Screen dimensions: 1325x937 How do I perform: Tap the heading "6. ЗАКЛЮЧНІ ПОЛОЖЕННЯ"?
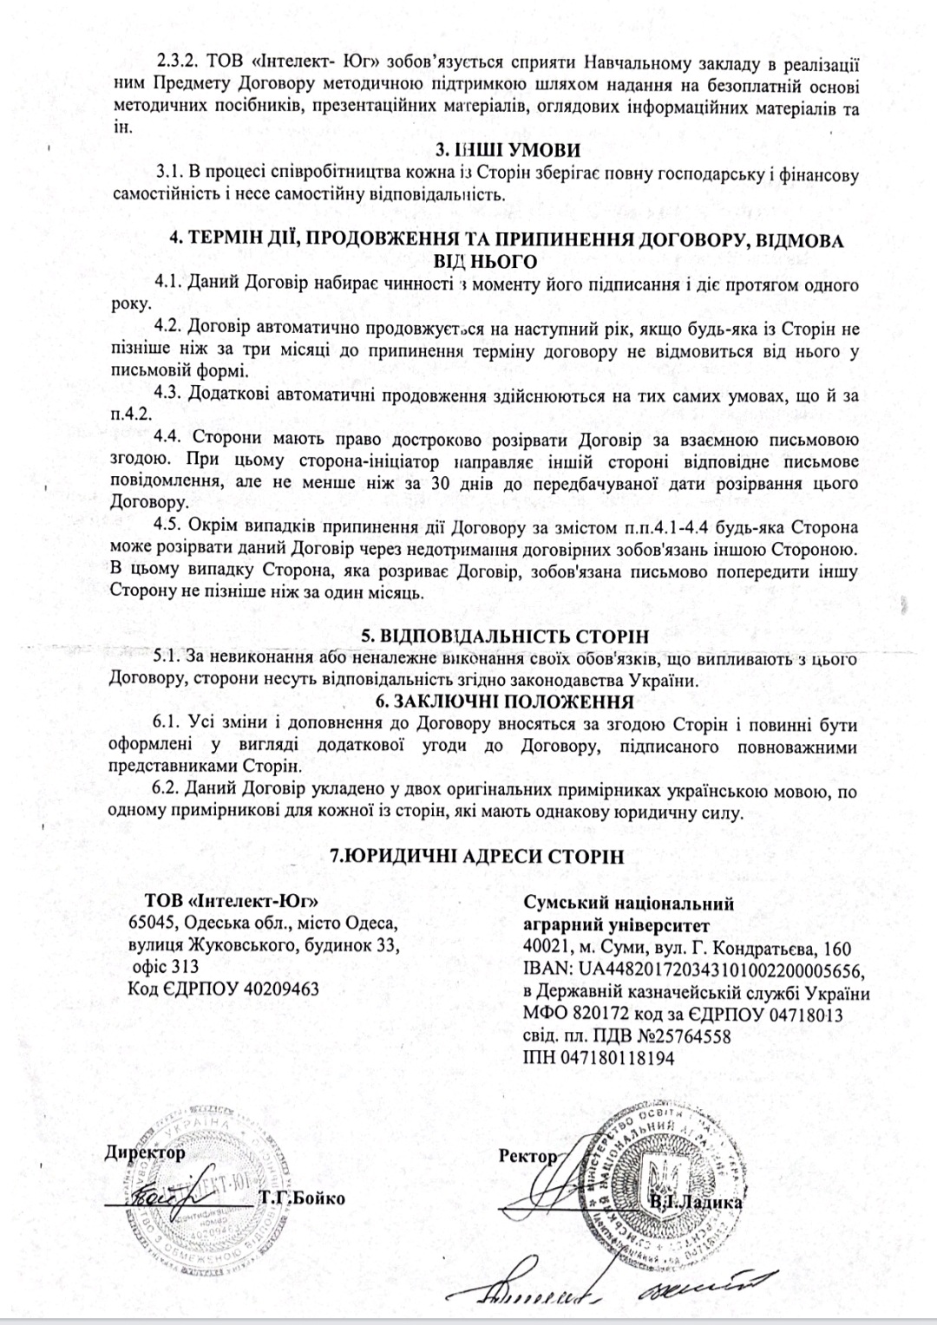[479, 702]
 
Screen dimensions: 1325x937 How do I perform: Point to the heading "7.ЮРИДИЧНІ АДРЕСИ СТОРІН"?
[479, 856]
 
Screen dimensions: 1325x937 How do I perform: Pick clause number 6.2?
[167, 790]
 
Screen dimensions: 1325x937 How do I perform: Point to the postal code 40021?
[545, 949]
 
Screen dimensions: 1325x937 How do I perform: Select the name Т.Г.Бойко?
[300, 1198]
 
